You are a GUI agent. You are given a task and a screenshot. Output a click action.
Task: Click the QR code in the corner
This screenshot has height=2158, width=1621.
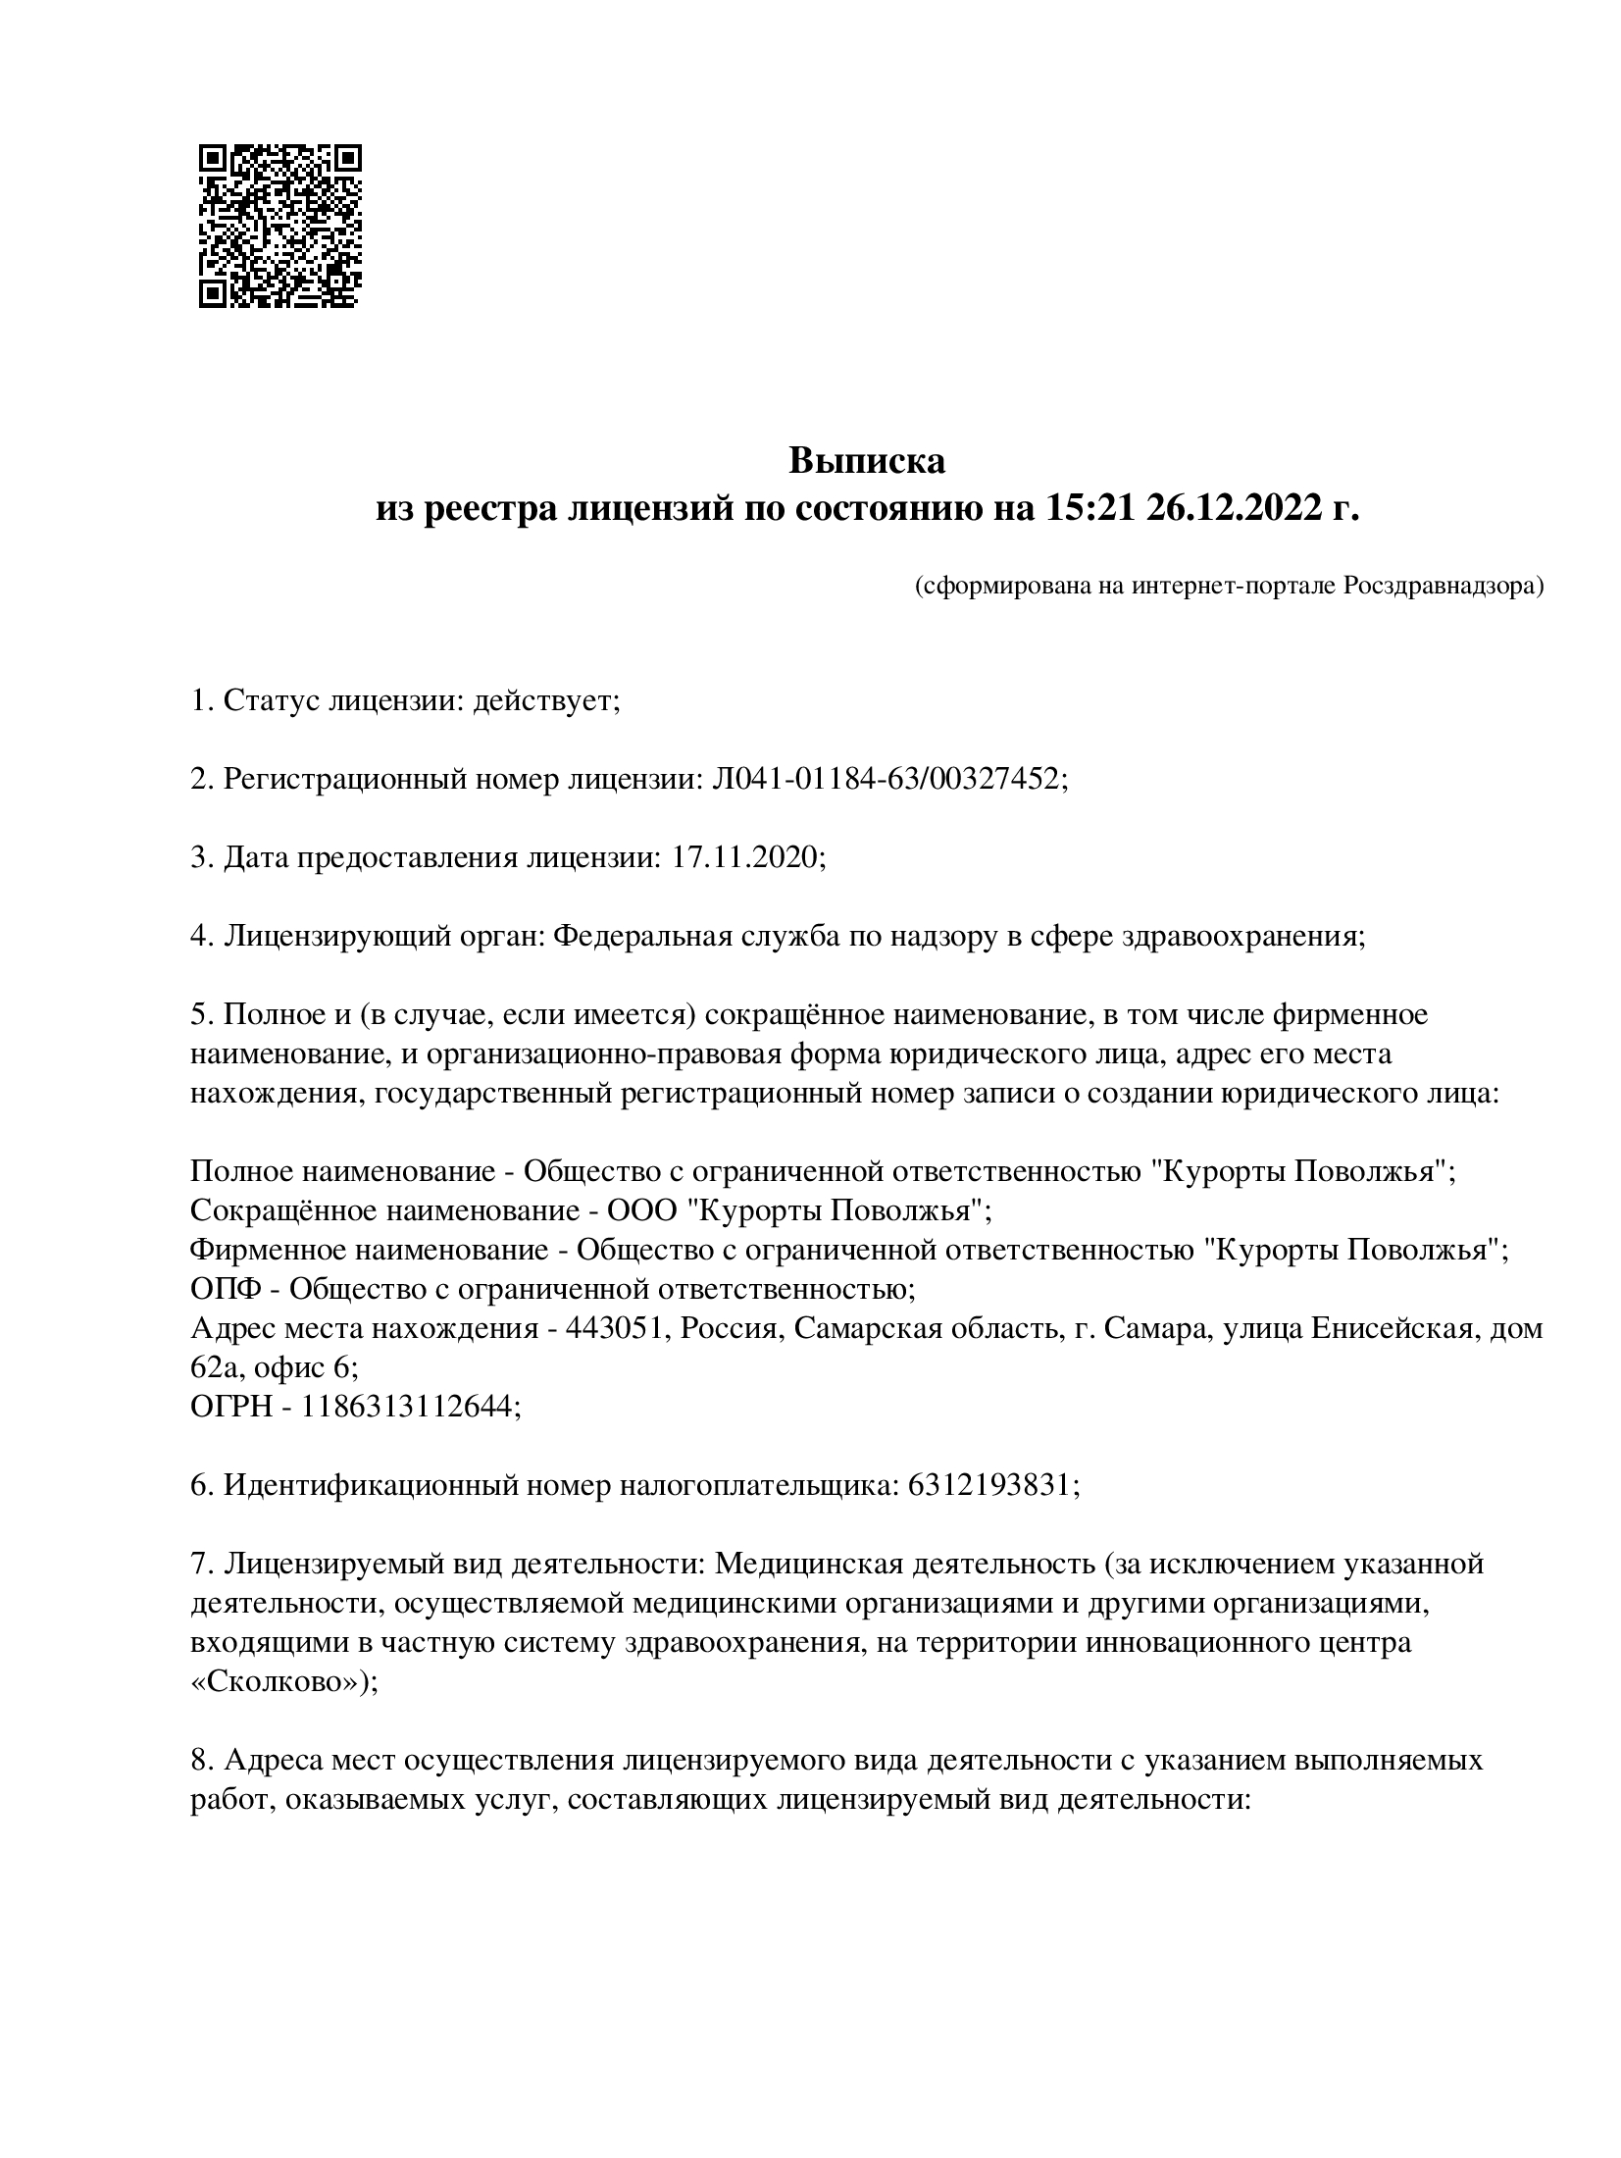pos(279,226)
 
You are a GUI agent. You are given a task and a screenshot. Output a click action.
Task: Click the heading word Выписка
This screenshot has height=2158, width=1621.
pos(867,460)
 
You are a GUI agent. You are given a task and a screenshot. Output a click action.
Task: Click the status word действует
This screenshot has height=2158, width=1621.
pos(546,700)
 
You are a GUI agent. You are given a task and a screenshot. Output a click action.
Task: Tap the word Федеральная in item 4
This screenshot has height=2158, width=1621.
pos(643,936)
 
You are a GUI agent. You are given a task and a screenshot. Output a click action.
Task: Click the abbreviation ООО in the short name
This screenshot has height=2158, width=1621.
pos(642,1210)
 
